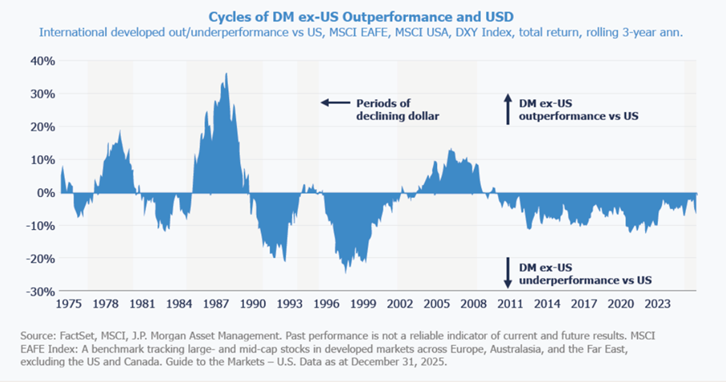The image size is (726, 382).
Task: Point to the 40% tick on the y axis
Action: [41, 61]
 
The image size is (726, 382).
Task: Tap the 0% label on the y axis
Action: [46, 192]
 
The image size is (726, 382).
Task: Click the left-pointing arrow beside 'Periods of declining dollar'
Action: [335, 103]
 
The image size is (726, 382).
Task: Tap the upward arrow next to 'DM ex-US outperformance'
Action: [506, 109]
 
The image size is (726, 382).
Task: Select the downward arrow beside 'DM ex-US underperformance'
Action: [506, 272]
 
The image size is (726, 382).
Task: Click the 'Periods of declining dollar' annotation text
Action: [398, 110]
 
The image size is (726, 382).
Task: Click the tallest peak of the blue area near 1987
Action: [227, 74]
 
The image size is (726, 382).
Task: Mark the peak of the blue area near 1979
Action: [120, 131]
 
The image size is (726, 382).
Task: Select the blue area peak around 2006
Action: [451, 150]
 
